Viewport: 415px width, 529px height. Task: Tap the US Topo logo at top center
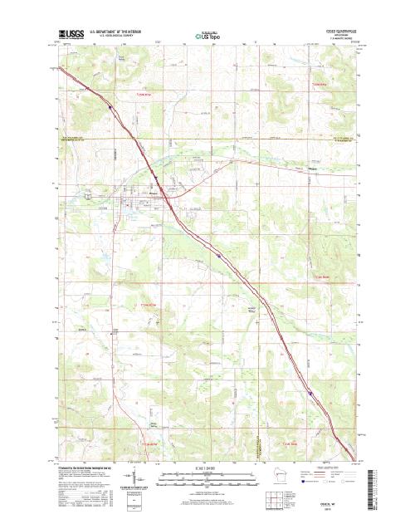tap(207, 36)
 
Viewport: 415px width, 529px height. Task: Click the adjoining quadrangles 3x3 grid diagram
tap(272, 499)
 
